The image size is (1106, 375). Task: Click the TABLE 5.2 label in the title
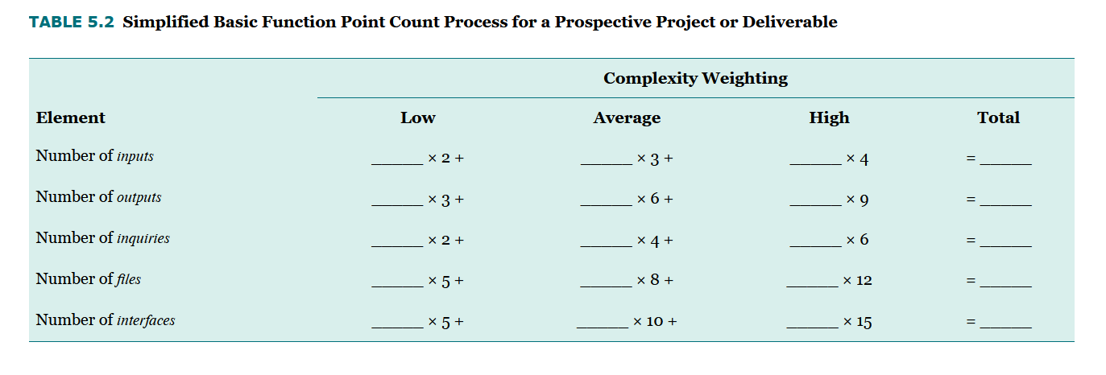[73, 23]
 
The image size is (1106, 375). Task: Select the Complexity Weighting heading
[695, 78]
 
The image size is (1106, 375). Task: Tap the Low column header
[417, 117]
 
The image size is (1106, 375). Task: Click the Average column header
[627, 117]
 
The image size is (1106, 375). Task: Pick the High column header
[829, 117]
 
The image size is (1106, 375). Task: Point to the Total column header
[998, 117]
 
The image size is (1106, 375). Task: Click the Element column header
[71, 117]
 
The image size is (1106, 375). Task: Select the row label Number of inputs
[94, 156]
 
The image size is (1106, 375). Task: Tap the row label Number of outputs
[98, 197]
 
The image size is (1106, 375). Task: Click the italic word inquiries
[143, 238]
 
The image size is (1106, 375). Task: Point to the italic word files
[128, 279]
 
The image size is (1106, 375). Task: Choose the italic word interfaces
[146, 320]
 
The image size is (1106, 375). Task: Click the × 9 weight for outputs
[857, 200]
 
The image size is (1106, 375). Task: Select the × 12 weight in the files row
[857, 281]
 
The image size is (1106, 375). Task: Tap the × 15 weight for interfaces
[857, 322]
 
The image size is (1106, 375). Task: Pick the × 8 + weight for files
[654, 281]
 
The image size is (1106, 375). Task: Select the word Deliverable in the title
[789, 23]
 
